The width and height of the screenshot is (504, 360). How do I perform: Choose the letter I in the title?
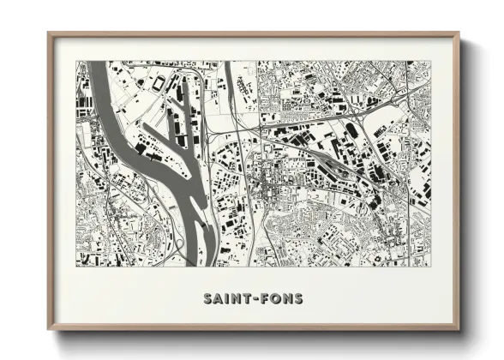click(x=226, y=299)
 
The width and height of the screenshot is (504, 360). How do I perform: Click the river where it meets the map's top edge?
click(x=96, y=64)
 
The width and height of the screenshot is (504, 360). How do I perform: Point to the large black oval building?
click(x=351, y=129)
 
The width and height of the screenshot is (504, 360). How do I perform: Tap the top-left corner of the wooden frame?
click(x=49, y=34)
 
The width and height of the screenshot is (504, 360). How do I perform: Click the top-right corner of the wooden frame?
click(x=459, y=34)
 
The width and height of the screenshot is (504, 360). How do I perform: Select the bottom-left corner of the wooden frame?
click(x=49, y=330)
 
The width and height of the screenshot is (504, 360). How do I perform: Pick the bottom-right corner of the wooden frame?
click(x=459, y=330)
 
